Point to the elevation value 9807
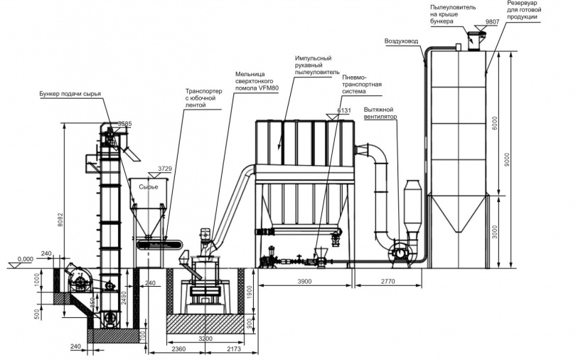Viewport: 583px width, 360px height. (x=492, y=23)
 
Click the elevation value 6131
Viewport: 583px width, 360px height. (x=344, y=110)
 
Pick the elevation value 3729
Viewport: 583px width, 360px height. (x=165, y=169)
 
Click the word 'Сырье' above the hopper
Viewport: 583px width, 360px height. (x=148, y=186)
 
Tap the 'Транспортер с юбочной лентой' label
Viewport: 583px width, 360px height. (x=205, y=98)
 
